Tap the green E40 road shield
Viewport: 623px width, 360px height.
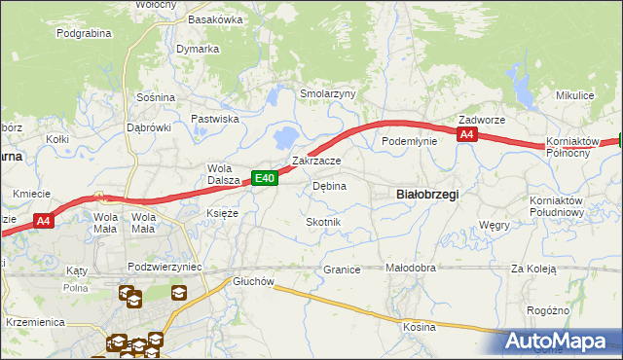(x=266, y=178)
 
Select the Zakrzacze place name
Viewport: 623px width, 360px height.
(x=316, y=161)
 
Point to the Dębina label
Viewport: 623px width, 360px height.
(x=329, y=186)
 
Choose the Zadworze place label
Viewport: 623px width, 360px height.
(x=482, y=121)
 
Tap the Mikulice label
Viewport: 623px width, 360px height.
(x=574, y=96)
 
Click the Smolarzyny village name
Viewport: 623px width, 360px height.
(x=328, y=94)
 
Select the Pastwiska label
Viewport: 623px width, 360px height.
(x=215, y=119)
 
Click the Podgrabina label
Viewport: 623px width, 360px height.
(x=85, y=33)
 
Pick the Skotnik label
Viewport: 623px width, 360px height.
(x=323, y=223)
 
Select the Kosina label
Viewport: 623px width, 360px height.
(x=420, y=327)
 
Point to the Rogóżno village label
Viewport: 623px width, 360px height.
(x=547, y=310)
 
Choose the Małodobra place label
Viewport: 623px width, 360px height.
(x=410, y=268)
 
